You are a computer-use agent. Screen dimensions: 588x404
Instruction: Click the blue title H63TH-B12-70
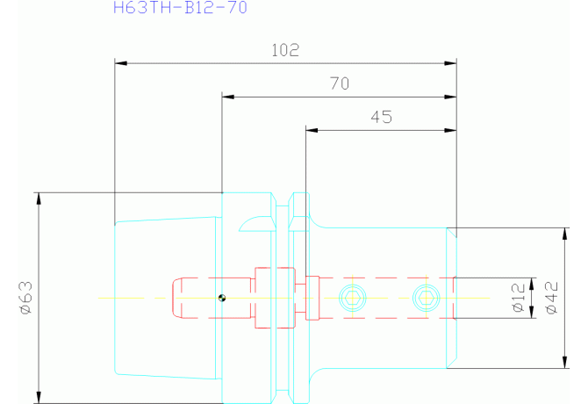pos(180,8)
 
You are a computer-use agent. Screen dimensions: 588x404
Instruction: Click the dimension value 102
pos(285,50)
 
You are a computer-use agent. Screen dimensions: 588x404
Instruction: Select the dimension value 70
pos(340,83)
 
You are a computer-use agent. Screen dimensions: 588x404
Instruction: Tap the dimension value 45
pos(382,117)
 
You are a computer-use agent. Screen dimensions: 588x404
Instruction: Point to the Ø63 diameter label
pos(26,299)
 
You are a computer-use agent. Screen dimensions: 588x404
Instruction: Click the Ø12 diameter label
pos(519,298)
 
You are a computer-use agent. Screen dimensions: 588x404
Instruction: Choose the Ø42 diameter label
pos(552,298)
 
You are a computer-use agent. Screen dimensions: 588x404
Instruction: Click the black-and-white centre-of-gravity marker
pos(222,299)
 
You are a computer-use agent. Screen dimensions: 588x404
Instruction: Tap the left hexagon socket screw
pos(353,299)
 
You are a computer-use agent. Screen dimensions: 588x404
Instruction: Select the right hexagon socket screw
pos(427,299)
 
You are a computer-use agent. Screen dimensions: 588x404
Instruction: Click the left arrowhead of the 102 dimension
pos(121,63)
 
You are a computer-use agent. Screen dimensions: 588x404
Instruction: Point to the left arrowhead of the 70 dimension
pos(228,97)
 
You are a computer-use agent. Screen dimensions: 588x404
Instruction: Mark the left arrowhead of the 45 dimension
pos(312,130)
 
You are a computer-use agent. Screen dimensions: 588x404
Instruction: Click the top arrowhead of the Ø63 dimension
pos(39,198)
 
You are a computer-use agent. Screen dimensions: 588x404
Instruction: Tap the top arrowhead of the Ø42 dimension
pos(565,234)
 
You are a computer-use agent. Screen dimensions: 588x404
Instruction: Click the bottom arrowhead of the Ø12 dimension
pos(531,312)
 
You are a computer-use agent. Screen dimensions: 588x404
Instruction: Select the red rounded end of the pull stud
pos(176,299)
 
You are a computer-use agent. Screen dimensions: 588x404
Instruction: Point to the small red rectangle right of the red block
pos(312,299)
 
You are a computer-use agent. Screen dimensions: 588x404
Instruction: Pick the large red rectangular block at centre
pos(275,299)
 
